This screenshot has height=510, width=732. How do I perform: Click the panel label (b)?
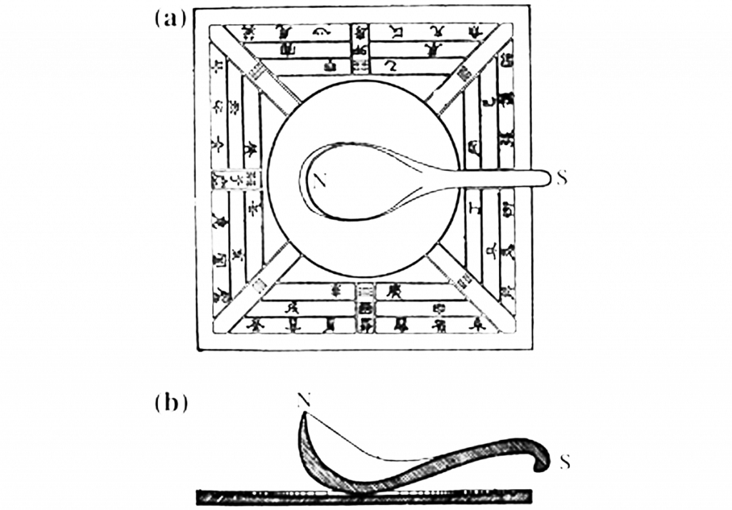[x=171, y=403]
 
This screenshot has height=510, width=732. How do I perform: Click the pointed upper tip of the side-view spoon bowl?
[x=305, y=415]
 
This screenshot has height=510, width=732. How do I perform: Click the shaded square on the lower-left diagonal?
[x=258, y=284]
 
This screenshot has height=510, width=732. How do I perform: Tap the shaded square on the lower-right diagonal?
[x=465, y=281]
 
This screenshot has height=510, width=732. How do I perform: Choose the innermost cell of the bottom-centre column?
[x=365, y=292]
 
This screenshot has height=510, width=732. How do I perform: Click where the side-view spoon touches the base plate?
[x=336, y=488]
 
